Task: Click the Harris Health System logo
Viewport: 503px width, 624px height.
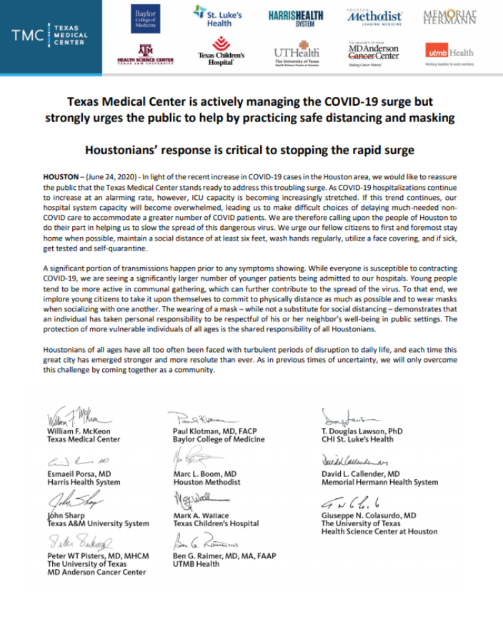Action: click(296, 18)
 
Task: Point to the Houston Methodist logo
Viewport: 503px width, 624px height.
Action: click(374, 16)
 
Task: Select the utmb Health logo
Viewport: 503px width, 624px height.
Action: click(449, 53)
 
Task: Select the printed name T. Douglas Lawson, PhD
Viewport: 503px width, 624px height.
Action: click(362, 431)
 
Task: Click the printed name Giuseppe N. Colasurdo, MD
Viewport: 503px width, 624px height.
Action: click(368, 515)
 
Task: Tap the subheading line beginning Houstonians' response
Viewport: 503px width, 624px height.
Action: click(249, 151)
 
